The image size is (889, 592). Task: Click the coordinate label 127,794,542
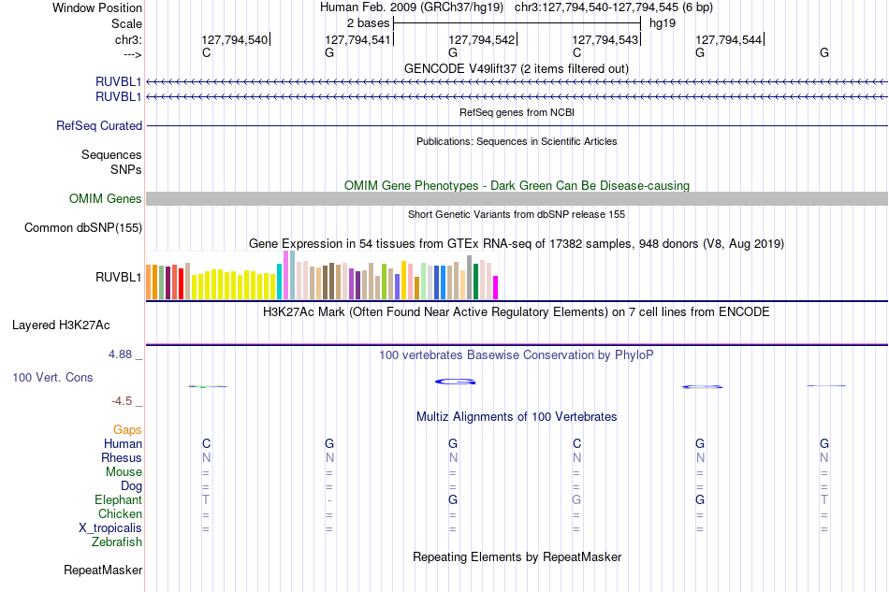point(481,39)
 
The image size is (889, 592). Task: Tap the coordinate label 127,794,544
point(729,39)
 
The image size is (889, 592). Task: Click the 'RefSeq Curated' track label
point(99,125)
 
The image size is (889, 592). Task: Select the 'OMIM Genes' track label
point(106,199)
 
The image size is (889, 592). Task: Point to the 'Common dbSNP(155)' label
point(83,228)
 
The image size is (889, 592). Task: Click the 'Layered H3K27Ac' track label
point(61,325)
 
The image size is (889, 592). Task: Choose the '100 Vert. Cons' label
point(52,377)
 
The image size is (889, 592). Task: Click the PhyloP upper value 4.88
point(120,354)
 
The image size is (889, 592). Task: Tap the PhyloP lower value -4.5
point(122,401)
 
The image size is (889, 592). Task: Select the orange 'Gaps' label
point(127,429)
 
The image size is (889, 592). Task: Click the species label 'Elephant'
point(119,499)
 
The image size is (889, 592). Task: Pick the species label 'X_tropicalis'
point(110,528)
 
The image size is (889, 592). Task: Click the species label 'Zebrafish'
point(117,542)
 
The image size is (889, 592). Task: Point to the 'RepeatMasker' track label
point(103,570)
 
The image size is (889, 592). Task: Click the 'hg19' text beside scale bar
point(663,23)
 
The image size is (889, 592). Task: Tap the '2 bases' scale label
point(369,23)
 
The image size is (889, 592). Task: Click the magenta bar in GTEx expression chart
point(496,287)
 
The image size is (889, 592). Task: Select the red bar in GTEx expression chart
point(181,283)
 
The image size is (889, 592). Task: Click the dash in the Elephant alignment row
point(329,500)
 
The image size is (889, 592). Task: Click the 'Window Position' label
point(97,7)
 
